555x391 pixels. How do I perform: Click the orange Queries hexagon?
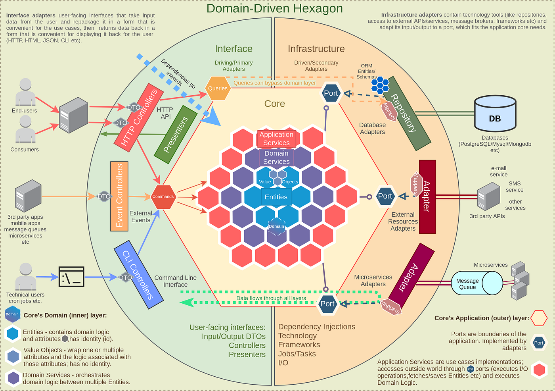coord(218,88)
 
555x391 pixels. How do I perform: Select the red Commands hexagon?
coord(163,196)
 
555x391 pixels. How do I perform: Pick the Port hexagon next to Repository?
coord(331,93)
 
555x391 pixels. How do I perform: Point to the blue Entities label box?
coord(276,197)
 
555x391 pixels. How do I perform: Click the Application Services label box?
coord(276,139)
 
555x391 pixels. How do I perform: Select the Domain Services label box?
coord(276,157)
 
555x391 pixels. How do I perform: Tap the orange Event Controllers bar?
coord(119,196)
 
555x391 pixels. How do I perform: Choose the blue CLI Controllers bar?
coord(138,274)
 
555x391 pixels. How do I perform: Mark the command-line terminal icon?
coord(71,277)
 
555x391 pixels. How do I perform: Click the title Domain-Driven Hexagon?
coord(274,8)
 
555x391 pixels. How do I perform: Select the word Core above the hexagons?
coord(274,104)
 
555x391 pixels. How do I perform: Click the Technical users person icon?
coord(25,276)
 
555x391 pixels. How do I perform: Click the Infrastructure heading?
coord(316,49)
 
